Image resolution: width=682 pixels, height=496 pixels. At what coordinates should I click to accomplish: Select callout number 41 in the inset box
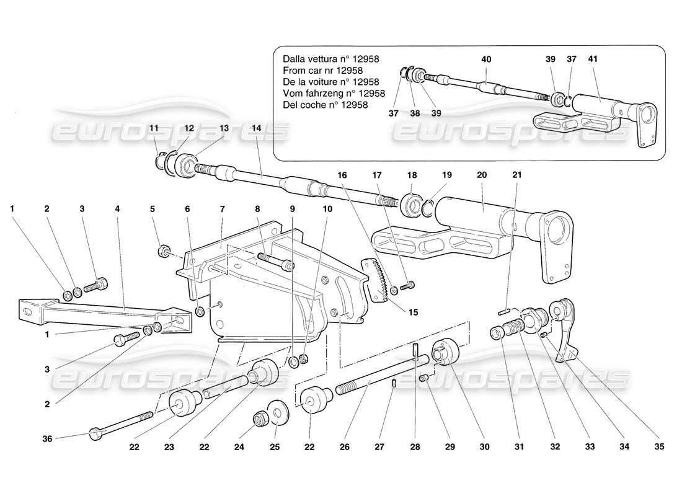592,60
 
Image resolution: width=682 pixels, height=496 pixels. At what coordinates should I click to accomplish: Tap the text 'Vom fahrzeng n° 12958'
334,94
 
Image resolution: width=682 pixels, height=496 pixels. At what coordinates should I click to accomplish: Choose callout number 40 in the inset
486,60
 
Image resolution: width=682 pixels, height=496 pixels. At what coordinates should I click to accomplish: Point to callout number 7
221,210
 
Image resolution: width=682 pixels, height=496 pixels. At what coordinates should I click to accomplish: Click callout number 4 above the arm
117,210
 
